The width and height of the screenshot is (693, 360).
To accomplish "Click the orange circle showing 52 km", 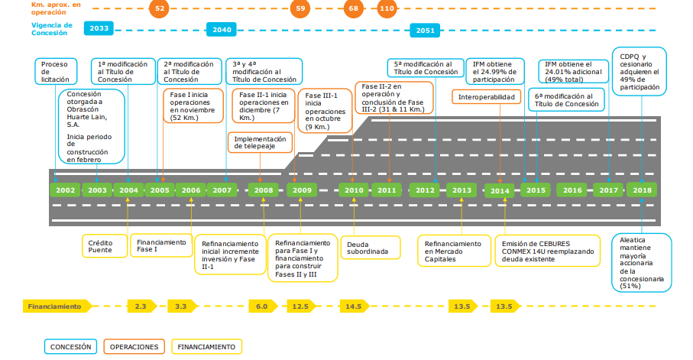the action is tap(159, 8).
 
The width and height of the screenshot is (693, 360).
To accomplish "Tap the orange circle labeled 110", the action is tap(387, 8).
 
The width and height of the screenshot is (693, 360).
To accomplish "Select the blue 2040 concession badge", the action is tap(222, 30).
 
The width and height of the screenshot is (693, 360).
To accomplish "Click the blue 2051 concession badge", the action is tap(425, 31).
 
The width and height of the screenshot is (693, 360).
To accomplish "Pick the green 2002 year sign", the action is tap(65, 190).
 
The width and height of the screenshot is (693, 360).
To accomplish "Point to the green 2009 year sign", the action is tap(302, 190).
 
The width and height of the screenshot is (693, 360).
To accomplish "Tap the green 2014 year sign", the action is tap(500, 190).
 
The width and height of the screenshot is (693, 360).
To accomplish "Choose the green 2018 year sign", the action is tap(642, 190).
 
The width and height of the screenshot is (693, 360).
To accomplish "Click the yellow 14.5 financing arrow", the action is tap(354, 306).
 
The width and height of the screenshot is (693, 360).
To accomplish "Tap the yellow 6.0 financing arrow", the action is tap(263, 306).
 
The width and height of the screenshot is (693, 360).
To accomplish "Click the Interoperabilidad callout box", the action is tap(486, 97).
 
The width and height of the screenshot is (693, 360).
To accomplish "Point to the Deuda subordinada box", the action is tap(371, 248).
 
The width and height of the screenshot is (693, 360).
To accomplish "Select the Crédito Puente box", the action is tap(105, 246).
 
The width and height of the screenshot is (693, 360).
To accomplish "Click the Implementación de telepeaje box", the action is tap(260, 142).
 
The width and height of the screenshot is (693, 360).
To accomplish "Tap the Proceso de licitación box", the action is tap(56, 72).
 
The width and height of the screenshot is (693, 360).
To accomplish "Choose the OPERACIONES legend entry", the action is tap(134, 347).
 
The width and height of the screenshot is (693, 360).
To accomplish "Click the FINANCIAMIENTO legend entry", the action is tap(206, 347).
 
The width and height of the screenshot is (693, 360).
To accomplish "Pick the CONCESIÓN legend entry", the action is tap(71, 347).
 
